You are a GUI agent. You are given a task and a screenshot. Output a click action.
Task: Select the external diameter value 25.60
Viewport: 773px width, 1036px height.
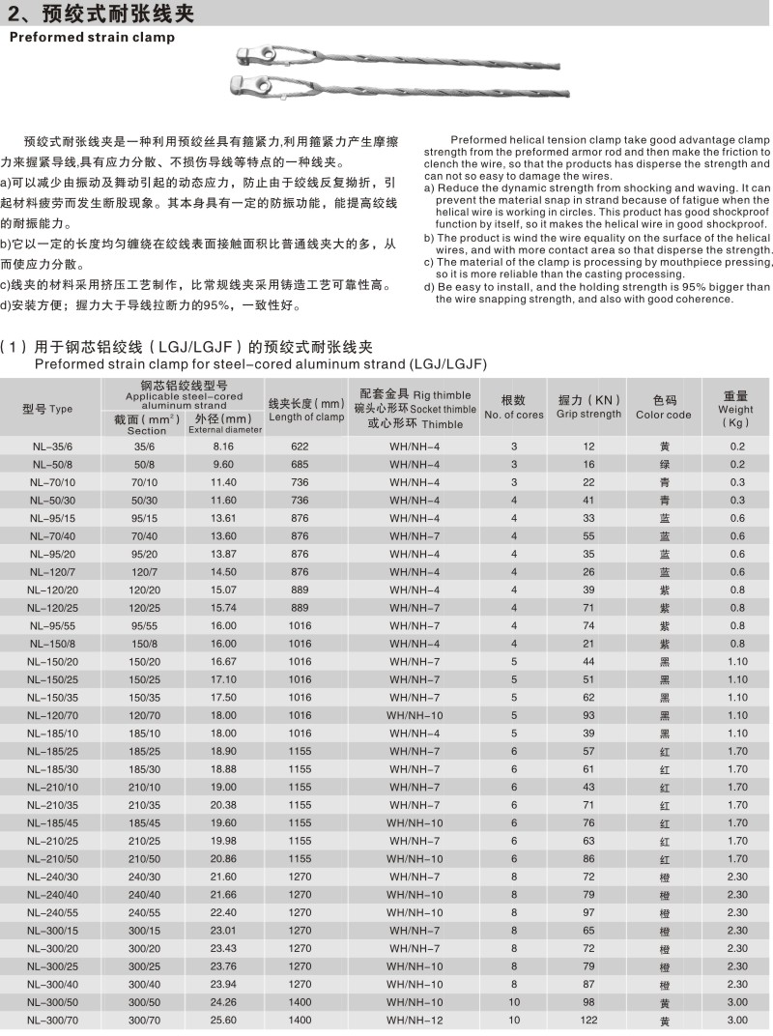[224, 1019]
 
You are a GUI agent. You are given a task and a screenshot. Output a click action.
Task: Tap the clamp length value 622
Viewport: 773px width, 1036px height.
[300, 446]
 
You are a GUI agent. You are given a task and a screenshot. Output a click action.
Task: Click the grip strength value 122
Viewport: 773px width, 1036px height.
[588, 1019]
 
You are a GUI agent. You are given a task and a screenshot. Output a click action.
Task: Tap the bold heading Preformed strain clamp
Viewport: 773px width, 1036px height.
[93, 38]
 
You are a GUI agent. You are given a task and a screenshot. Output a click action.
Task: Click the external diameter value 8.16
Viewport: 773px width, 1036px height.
[224, 446]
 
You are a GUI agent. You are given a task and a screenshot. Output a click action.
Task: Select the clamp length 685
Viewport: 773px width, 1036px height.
[300, 464]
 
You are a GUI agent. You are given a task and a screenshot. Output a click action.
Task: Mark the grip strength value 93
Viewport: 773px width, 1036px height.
[588, 714]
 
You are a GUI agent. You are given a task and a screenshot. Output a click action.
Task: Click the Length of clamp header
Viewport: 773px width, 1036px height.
[306, 410]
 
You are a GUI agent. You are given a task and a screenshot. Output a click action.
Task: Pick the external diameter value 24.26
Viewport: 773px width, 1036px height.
[224, 1001]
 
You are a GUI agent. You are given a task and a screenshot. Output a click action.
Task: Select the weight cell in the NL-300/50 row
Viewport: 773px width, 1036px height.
[737, 1001]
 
